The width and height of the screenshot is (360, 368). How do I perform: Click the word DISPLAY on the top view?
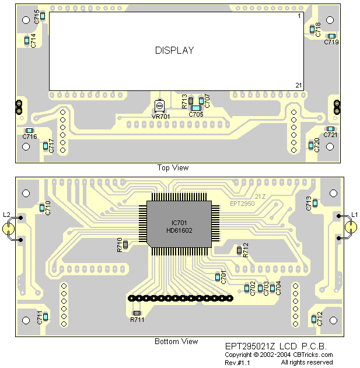click(x=174, y=50)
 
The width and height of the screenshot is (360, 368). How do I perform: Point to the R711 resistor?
click(x=137, y=313)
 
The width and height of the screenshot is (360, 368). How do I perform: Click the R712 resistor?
click(x=239, y=250)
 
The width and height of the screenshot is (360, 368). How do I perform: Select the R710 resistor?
click(x=125, y=243)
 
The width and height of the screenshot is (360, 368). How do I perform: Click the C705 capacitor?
click(x=196, y=108)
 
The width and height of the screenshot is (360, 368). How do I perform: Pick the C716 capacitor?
click(x=30, y=131)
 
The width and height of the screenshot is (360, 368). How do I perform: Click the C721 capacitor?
click(x=330, y=129)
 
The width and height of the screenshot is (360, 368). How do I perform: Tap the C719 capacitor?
click(x=331, y=36)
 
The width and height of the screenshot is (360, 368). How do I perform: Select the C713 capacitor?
click(x=314, y=203)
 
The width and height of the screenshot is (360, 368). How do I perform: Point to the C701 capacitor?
click(x=218, y=276)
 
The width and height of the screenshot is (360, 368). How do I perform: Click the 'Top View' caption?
click(x=173, y=168)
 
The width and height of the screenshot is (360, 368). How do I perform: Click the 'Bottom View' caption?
click(x=176, y=342)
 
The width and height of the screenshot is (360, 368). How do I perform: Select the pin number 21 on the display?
click(x=298, y=85)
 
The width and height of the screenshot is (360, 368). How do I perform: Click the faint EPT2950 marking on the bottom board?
click(x=242, y=204)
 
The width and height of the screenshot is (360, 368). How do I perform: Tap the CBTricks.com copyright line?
click(x=279, y=355)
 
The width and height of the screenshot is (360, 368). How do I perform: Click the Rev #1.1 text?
click(x=237, y=362)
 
